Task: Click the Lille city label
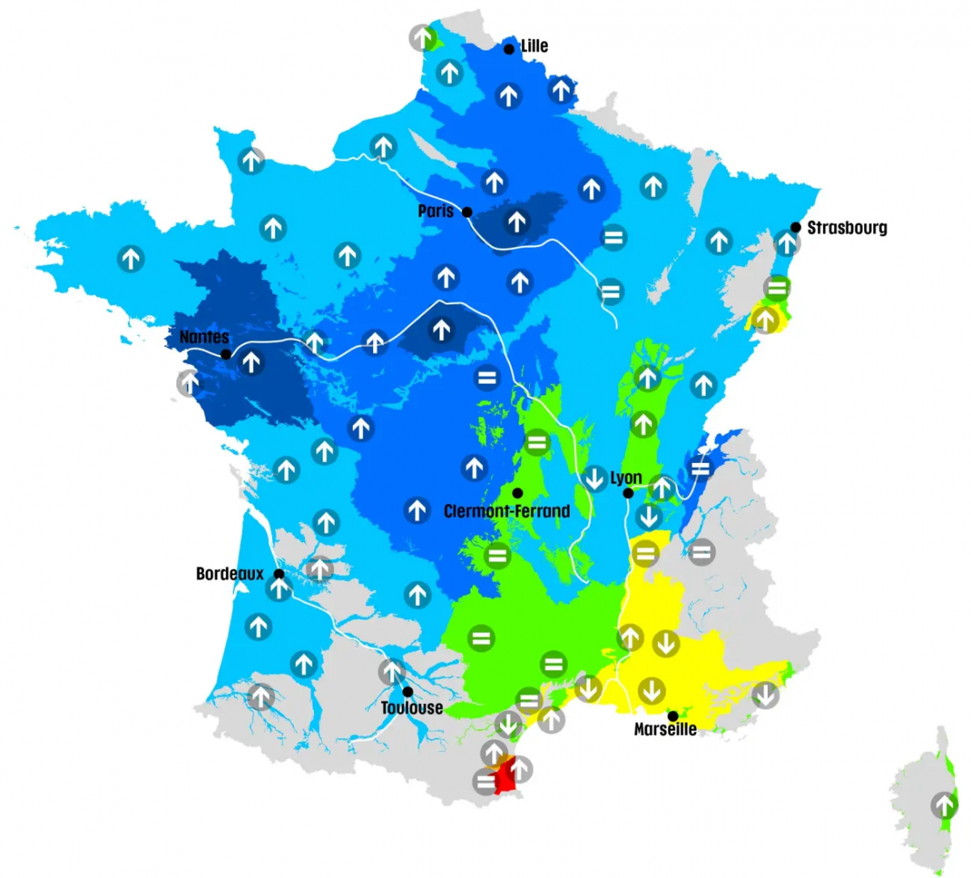(534, 46)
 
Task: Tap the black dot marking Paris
(467, 212)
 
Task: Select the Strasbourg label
(846, 228)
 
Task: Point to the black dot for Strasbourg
(796, 227)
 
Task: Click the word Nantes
(204, 337)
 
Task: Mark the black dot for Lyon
(627, 493)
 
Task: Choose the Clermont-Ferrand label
(507, 511)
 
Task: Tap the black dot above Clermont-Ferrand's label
(517, 493)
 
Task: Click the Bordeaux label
(230, 574)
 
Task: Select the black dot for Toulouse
(408, 692)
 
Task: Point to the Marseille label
(664, 729)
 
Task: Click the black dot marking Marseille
(672, 716)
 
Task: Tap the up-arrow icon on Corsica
(943, 806)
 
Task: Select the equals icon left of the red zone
(485, 782)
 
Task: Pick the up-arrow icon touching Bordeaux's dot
(278, 589)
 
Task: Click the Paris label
(435, 211)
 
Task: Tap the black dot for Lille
(509, 49)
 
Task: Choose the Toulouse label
(412, 708)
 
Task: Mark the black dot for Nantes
(226, 354)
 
